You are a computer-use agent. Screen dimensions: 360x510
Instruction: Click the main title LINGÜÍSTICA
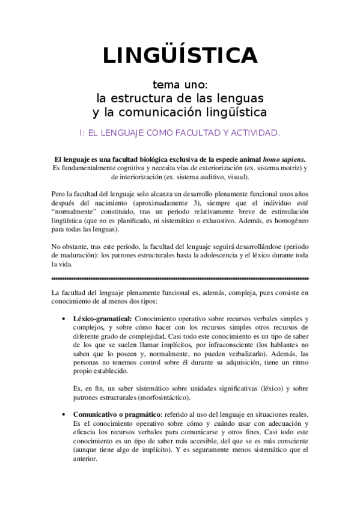[x=180, y=55]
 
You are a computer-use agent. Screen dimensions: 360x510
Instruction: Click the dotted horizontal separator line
[x=180, y=279]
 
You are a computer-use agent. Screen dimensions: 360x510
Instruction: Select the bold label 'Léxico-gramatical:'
[x=103, y=318]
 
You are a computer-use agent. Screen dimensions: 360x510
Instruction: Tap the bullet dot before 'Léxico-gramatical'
[x=65, y=318]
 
